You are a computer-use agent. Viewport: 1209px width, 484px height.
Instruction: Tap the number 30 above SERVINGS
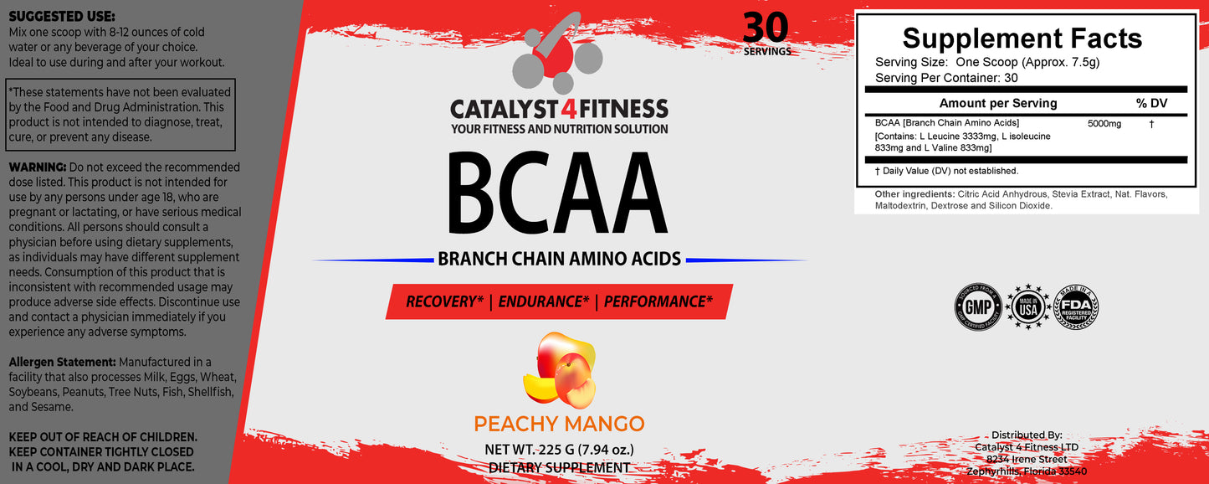click(766, 27)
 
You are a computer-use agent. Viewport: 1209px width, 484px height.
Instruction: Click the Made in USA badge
click(1027, 307)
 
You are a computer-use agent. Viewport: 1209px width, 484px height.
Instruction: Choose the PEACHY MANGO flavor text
click(559, 424)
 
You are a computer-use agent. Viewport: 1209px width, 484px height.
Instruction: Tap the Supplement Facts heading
click(1022, 39)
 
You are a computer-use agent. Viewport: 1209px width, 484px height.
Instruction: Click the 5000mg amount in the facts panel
click(1104, 123)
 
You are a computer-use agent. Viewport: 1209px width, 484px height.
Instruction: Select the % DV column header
click(1151, 103)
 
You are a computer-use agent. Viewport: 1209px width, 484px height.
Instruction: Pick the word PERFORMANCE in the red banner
click(658, 301)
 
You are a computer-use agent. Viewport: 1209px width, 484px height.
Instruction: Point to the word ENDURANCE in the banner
click(544, 301)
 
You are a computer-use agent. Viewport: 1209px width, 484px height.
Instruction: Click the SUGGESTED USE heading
click(62, 17)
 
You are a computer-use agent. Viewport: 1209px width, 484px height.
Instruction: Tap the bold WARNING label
click(38, 167)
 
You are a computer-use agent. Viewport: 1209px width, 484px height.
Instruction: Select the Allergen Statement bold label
click(62, 362)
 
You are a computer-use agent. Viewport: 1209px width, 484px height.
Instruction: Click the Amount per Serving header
click(998, 103)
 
